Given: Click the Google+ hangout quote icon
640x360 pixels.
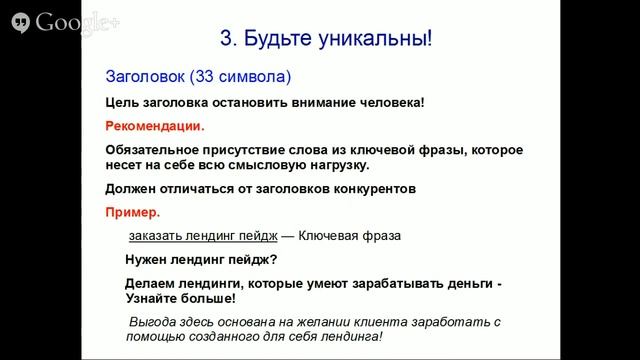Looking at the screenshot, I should click(17, 22).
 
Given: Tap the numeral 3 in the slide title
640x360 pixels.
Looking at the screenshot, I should click(225, 40).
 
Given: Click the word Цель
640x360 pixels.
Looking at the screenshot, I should click(121, 102).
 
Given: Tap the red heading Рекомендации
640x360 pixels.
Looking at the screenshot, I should click(154, 127).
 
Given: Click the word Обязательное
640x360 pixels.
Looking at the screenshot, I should click(151, 150).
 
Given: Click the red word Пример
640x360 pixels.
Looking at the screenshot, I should click(131, 212).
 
